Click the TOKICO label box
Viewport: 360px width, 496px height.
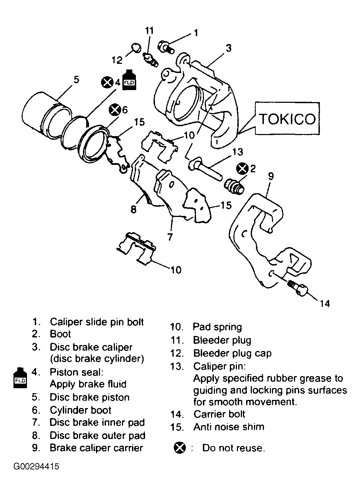click(287, 118)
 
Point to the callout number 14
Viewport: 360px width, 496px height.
click(325, 303)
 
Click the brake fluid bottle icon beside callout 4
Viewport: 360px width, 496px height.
click(129, 80)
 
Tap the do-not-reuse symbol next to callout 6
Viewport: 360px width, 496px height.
click(115, 110)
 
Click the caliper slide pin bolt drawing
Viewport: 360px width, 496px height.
click(166, 47)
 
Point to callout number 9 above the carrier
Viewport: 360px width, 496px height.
click(271, 176)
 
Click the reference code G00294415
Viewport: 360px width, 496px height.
click(36, 466)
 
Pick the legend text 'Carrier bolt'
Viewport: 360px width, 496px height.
click(219, 414)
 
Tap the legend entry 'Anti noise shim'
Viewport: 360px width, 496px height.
click(229, 427)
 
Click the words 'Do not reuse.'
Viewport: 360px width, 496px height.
click(234, 448)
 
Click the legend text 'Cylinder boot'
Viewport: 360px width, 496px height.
click(81, 410)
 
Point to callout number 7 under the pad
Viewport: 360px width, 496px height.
click(170, 237)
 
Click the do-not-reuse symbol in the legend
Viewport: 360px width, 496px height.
click(180, 448)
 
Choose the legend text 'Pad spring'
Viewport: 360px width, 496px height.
click(217, 327)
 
